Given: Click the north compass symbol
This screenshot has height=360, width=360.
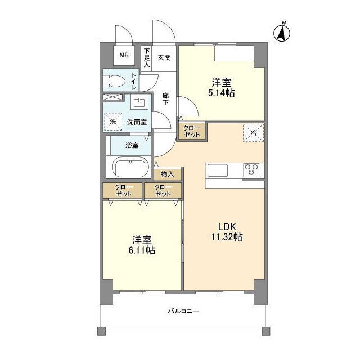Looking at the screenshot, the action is pyautogui.click(x=282, y=33).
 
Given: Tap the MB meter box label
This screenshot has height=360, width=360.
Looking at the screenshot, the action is pyautogui.click(x=124, y=55).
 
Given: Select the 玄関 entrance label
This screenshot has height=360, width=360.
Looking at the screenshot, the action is pyautogui.click(x=164, y=57).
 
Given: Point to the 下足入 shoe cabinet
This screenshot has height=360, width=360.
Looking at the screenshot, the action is pyautogui.click(x=147, y=57).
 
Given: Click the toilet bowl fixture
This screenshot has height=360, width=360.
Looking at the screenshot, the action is pyautogui.click(x=114, y=81).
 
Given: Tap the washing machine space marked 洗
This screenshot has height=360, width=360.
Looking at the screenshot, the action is pyautogui.click(x=112, y=122).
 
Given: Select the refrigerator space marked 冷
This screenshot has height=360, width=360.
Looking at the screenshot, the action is pyautogui.click(x=253, y=133).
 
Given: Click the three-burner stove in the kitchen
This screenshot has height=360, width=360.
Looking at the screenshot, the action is pyautogui.click(x=251, y=170).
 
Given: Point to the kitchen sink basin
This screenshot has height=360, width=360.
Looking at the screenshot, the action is pyautogui.click(x=218, y=170).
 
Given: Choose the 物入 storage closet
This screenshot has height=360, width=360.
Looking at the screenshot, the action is pyautogui.click(x=168, y=174).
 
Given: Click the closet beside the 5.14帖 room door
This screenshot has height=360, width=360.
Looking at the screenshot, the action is pyautogui.click(x=192, y=132).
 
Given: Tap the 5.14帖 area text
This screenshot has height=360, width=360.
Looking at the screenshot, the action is pyautogui.click(x=222, y=93).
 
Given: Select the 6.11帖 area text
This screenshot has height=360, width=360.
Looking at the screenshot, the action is pyautogui.click(x=142, y=250).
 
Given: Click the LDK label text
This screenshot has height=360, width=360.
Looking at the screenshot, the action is pyautogui.click(x=227, y=227).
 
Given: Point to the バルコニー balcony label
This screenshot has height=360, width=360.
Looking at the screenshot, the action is pyautogui.click(x=183, y=311).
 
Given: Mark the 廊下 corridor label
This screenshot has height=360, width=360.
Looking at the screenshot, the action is pyautogui.click(x=165, y=99).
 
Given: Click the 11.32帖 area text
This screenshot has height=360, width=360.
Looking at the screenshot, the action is pyautogui.click(x=227, y=237).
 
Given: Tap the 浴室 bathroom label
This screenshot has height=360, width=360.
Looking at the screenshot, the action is pyautogui.click(x=132, y=145).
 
